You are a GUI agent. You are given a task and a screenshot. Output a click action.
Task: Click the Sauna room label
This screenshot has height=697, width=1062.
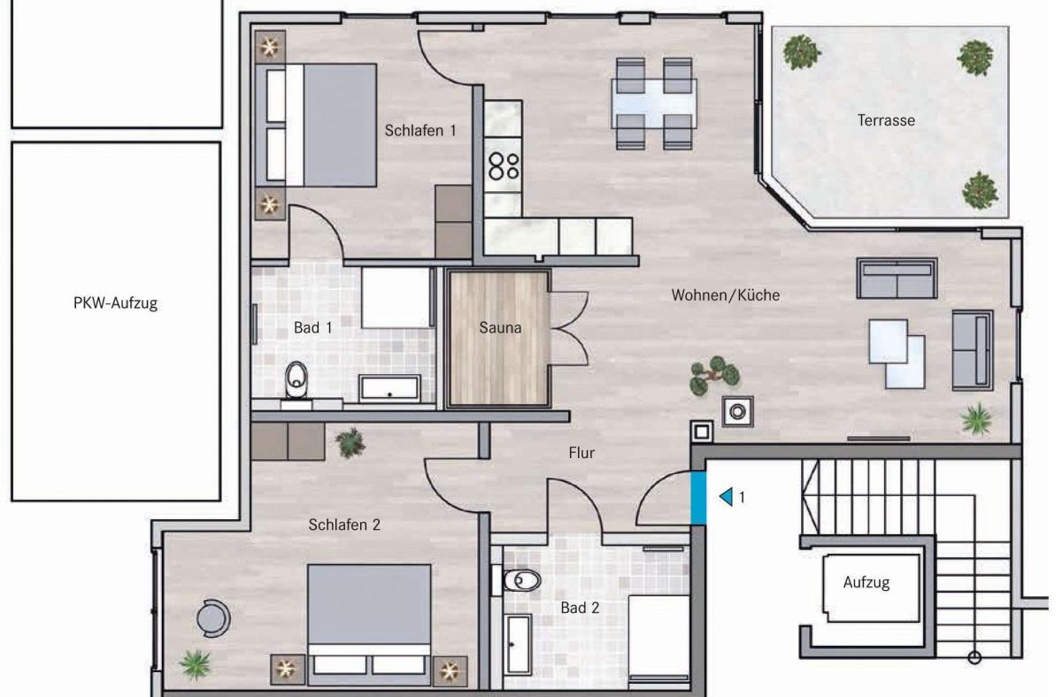point(500,327)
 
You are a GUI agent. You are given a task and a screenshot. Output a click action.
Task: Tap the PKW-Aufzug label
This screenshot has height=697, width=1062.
point(115,303)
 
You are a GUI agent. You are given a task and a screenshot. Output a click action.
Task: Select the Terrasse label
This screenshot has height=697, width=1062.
point(886,120)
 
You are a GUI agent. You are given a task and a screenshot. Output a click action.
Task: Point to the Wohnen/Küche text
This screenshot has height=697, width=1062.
point(726,295)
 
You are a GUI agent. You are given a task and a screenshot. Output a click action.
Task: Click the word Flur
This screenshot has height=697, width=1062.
point(581,453)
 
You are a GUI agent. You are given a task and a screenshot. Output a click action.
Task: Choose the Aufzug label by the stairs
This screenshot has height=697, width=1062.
point(866,582)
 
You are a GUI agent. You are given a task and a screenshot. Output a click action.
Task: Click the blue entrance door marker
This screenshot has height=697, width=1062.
point(698,498)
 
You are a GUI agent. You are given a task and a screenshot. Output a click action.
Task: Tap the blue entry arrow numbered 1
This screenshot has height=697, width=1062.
point(726,497)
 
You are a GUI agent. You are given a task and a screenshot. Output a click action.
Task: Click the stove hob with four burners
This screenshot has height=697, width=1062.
point(504,165)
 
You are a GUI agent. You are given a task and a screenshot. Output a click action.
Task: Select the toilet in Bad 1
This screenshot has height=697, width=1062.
point(296,379)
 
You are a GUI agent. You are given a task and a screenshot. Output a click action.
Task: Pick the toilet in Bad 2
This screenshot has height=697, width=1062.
point(520,580)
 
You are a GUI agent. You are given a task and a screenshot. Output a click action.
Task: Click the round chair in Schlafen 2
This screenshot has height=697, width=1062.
point(214,618)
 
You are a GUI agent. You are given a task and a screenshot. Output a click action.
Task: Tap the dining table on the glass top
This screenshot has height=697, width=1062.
point(654,103)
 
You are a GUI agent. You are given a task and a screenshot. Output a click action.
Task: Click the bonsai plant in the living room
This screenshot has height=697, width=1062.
point(714,375)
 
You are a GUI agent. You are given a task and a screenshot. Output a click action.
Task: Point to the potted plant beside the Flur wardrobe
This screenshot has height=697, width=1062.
point(350,442)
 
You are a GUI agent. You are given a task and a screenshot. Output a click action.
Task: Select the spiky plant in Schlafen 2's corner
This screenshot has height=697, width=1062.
point(196,664)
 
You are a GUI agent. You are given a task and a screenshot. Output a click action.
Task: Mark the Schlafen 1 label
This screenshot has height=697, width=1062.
point(420,131)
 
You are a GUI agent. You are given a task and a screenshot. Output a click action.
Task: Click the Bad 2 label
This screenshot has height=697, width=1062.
point(580,608)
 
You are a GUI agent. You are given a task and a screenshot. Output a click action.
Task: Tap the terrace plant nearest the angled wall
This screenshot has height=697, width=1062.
point(980,191)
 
